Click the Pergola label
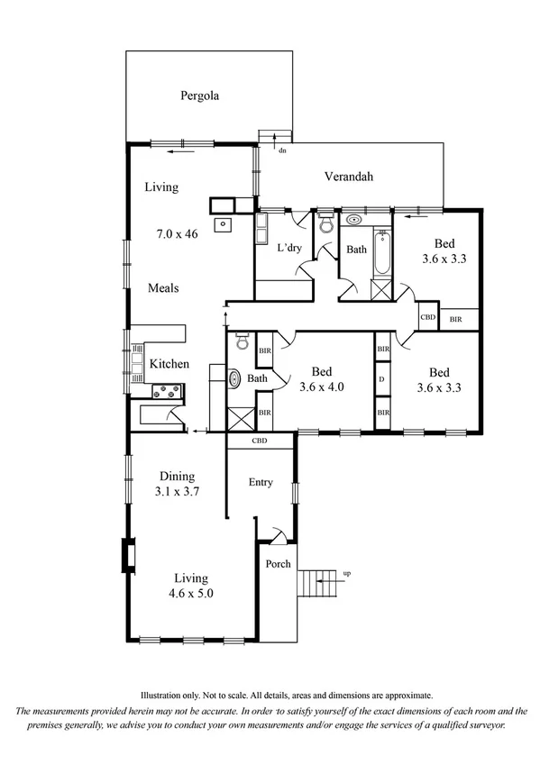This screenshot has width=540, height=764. click(x=200, y=95)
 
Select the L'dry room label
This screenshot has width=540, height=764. click(x=288, y=248)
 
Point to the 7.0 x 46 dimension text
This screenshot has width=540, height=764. click(x=177, y=233)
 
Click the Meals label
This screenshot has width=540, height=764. click(x=163, y=288)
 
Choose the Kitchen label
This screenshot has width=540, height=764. click(x=169, y=364)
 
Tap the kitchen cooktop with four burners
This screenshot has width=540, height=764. click(x=166, y=391)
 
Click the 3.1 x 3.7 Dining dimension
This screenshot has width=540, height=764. click(x=178, y=493)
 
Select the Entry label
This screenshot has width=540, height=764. click(x=261, y=483)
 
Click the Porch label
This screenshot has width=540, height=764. click(x=278, y=565)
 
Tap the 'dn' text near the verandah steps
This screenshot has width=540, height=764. click(x=282, y=150)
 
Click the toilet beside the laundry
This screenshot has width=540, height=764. click(x=326, y=225)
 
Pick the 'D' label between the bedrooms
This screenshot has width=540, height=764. click(x=382, y=379)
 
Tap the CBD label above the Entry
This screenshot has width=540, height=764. click(x=261, y=441)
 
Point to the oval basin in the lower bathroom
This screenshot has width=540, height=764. click(x=233, y=379)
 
